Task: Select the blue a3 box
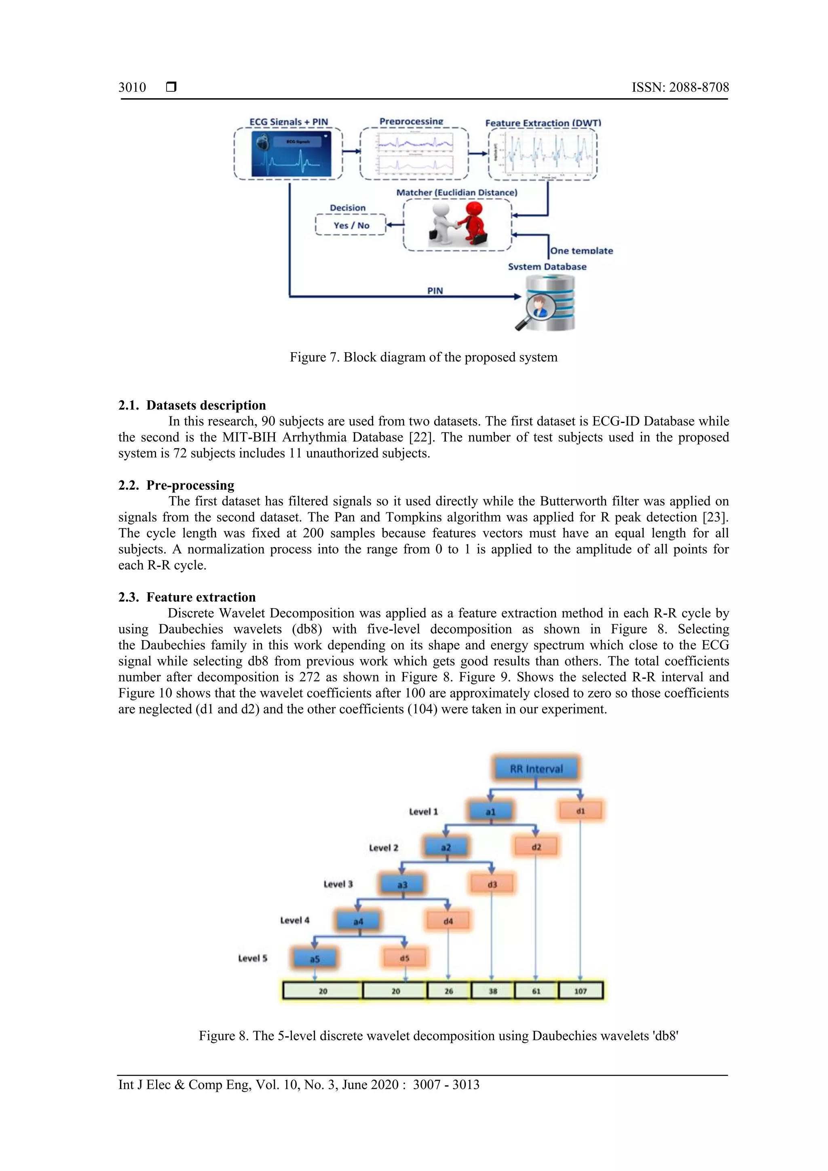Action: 402,884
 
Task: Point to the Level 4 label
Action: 295,920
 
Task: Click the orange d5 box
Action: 404,958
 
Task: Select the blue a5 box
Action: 315,958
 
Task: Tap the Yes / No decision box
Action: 351,225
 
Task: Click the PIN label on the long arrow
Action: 435,291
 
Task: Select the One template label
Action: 581,250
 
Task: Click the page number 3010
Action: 132,87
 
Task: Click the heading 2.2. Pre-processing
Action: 176,485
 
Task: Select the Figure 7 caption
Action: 423,357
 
